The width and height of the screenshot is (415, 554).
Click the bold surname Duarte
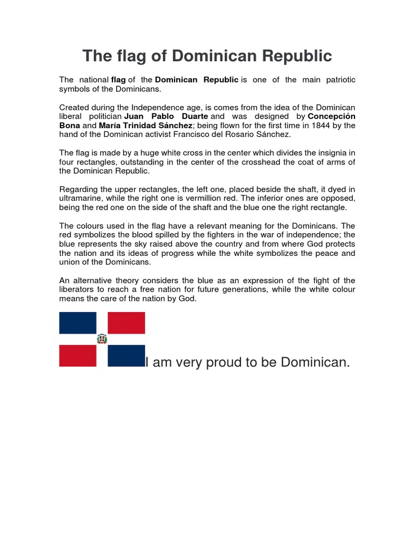193,116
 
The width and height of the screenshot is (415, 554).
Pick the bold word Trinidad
148,126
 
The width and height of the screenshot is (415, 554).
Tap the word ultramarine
83,198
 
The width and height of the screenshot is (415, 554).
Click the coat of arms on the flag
102,339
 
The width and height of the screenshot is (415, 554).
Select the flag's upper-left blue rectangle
77,322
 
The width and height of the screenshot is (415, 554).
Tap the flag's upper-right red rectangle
126,322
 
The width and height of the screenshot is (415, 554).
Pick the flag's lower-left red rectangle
77,355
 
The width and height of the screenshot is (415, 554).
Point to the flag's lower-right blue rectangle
126,355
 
